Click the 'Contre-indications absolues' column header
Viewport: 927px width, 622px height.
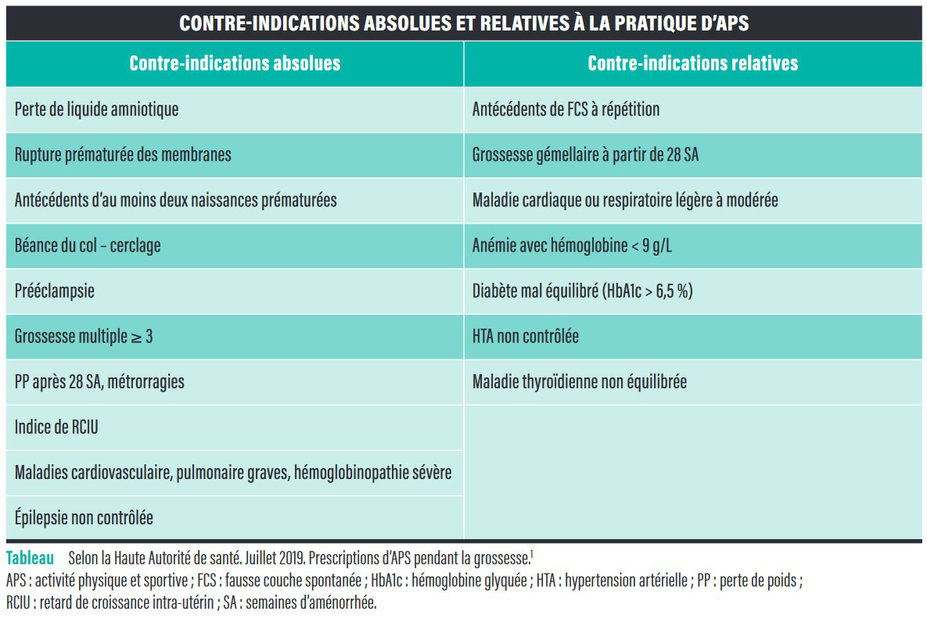(235, 63)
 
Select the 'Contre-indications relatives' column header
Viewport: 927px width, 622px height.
(692, 63)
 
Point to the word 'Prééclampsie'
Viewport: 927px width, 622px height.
(55, 291)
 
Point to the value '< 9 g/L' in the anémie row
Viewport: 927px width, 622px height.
(652, 245)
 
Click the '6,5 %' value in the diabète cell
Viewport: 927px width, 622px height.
(674, 291)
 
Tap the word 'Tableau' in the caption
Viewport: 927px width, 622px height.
(31, 558)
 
